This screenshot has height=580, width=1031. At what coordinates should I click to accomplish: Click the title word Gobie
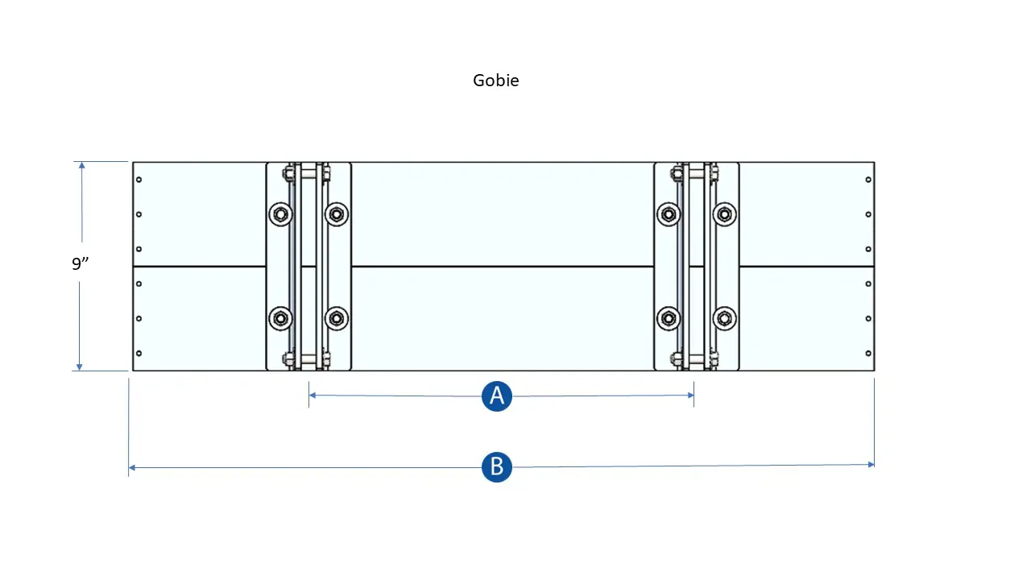click(495, 81)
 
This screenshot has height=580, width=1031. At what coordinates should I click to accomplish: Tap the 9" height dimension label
click(80, 263)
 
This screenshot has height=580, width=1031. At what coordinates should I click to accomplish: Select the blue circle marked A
click(497, 396)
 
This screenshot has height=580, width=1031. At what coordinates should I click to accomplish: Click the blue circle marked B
click(497, 466)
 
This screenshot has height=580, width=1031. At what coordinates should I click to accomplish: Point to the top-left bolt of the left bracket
click(281, 214)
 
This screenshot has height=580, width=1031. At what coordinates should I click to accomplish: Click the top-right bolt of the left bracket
click(337, 214)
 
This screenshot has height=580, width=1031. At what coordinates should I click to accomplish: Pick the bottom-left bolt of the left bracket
click(281, 318)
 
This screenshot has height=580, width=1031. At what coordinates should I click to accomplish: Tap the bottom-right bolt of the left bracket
click(337, 318)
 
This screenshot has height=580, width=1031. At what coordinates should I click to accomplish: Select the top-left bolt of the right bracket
click(669, 214)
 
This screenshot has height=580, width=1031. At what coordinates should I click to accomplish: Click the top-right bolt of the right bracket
click(724, 214)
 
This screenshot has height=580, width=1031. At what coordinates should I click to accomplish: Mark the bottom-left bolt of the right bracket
click(669, 318)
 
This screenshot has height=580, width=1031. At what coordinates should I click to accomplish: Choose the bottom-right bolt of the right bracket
click(724, 318)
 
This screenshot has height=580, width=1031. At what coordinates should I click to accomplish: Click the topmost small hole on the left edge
click(139, 180)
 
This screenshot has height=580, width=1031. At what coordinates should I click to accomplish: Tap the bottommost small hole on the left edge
click(139, 353)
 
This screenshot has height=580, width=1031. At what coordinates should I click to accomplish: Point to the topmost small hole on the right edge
click(868, 180)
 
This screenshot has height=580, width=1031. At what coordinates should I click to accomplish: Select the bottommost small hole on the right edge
click(868, 353)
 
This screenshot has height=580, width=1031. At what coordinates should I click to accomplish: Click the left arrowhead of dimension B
click(131, 468)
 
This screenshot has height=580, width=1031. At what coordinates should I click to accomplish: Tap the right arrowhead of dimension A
click(691, 395)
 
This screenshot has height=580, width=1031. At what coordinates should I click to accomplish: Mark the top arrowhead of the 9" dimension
click(81, 165)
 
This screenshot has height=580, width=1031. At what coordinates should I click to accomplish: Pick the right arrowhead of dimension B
click(871, 465)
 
